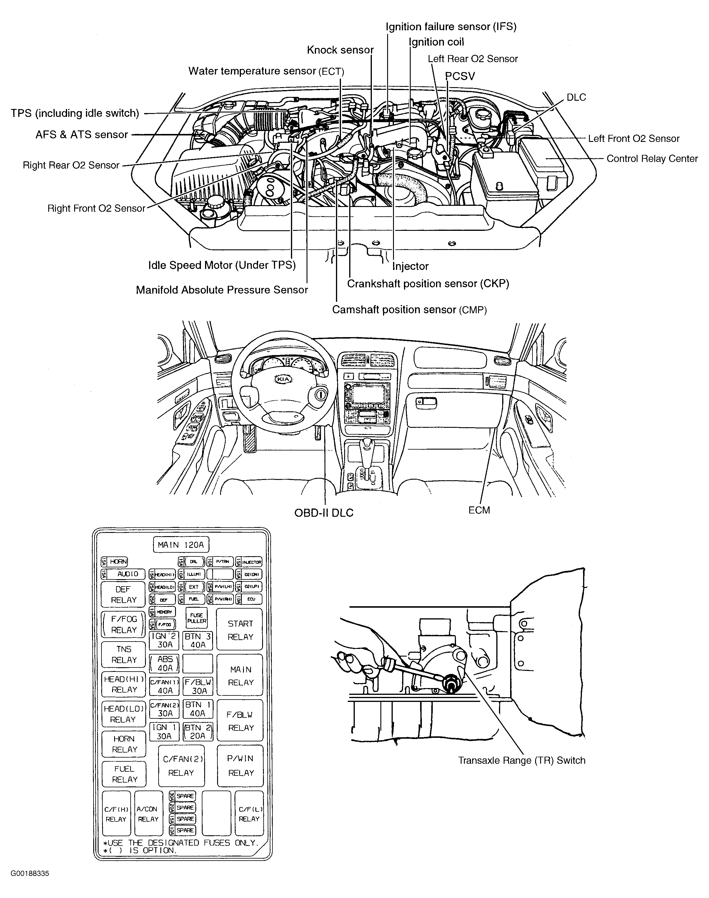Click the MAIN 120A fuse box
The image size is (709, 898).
pyautogui.click(x=181, y=544)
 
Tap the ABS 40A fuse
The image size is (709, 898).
pyautogui.click(x=164, y=663)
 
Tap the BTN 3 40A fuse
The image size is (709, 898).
pyautogui.click(x=198, y=640)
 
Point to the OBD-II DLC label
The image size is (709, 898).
pyautogui.click(x=324, y=513)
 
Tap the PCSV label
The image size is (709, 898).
pyautogui.click(x=460, y=76)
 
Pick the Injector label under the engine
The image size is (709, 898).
pyautogui.click(x=410, y=266)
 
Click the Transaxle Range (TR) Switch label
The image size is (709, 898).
pyautogui.click(x=521, y=761)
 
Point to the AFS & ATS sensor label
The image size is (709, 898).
pyautogui.click(x=82, y=135)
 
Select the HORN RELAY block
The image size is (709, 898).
pyautogui.click(x=124, y=744)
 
